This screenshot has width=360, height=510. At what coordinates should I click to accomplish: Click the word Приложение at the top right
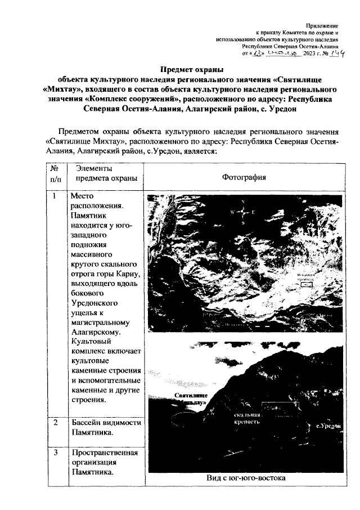click(x=322, y=26)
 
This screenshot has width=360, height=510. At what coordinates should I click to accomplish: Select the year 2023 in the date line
click(x=310, y=54)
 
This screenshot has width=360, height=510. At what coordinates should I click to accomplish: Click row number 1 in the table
click(x=55, y=198)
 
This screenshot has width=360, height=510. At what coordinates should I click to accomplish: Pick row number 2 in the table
click(x=55, y=422)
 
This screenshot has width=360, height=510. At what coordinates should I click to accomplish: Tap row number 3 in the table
click(x=55, y=453)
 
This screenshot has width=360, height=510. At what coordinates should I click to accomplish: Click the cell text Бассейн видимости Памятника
click(x=105, y=427)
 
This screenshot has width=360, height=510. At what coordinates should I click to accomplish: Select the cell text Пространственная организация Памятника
click(x=105, y=463)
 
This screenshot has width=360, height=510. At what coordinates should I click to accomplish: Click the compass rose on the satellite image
click(x=242, y=213)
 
